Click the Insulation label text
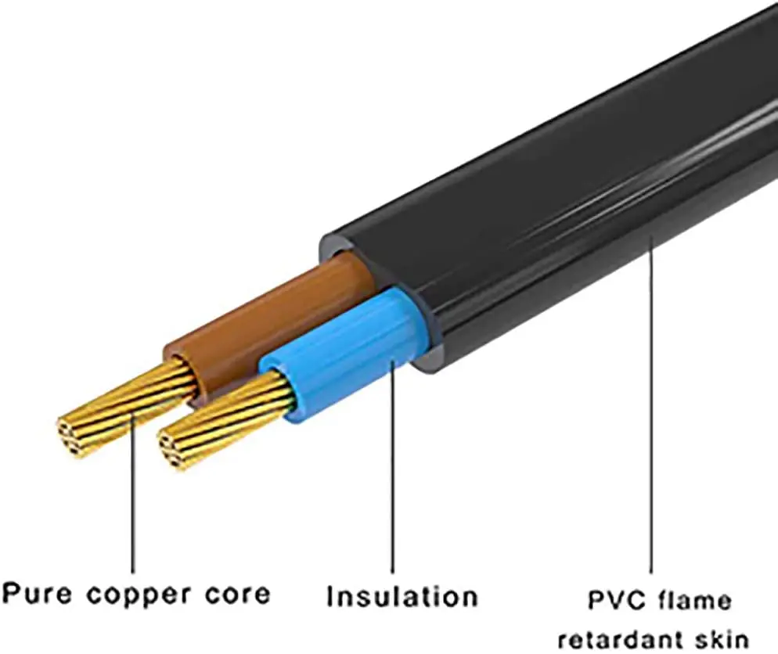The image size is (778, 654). pos(402,596)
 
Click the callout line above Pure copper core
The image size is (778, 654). pos(133,501)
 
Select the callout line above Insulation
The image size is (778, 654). pos(392,469)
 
